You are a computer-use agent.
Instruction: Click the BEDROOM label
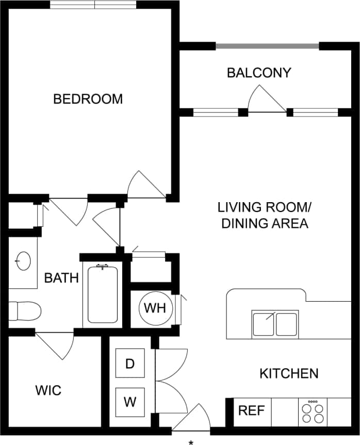(88, 98)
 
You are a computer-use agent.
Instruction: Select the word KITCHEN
(288, 373)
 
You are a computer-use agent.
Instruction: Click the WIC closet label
(48, 390)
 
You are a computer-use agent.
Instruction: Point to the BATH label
(61, 278)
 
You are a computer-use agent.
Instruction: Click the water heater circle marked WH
(155, 308)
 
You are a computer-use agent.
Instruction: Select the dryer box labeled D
(130, 364)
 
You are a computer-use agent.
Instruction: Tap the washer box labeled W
(130, 402)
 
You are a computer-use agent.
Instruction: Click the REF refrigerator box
(252, 411)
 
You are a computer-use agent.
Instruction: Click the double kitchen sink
(275, 324)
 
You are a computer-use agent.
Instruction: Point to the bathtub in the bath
(103, 294)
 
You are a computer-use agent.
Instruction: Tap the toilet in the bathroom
(25, 311)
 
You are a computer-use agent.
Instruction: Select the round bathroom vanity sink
(23, 261)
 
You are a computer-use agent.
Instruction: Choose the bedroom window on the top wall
(94, 5)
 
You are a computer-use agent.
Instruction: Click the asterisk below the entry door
(191, 442)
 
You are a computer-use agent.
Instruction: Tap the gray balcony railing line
(267, 46)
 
